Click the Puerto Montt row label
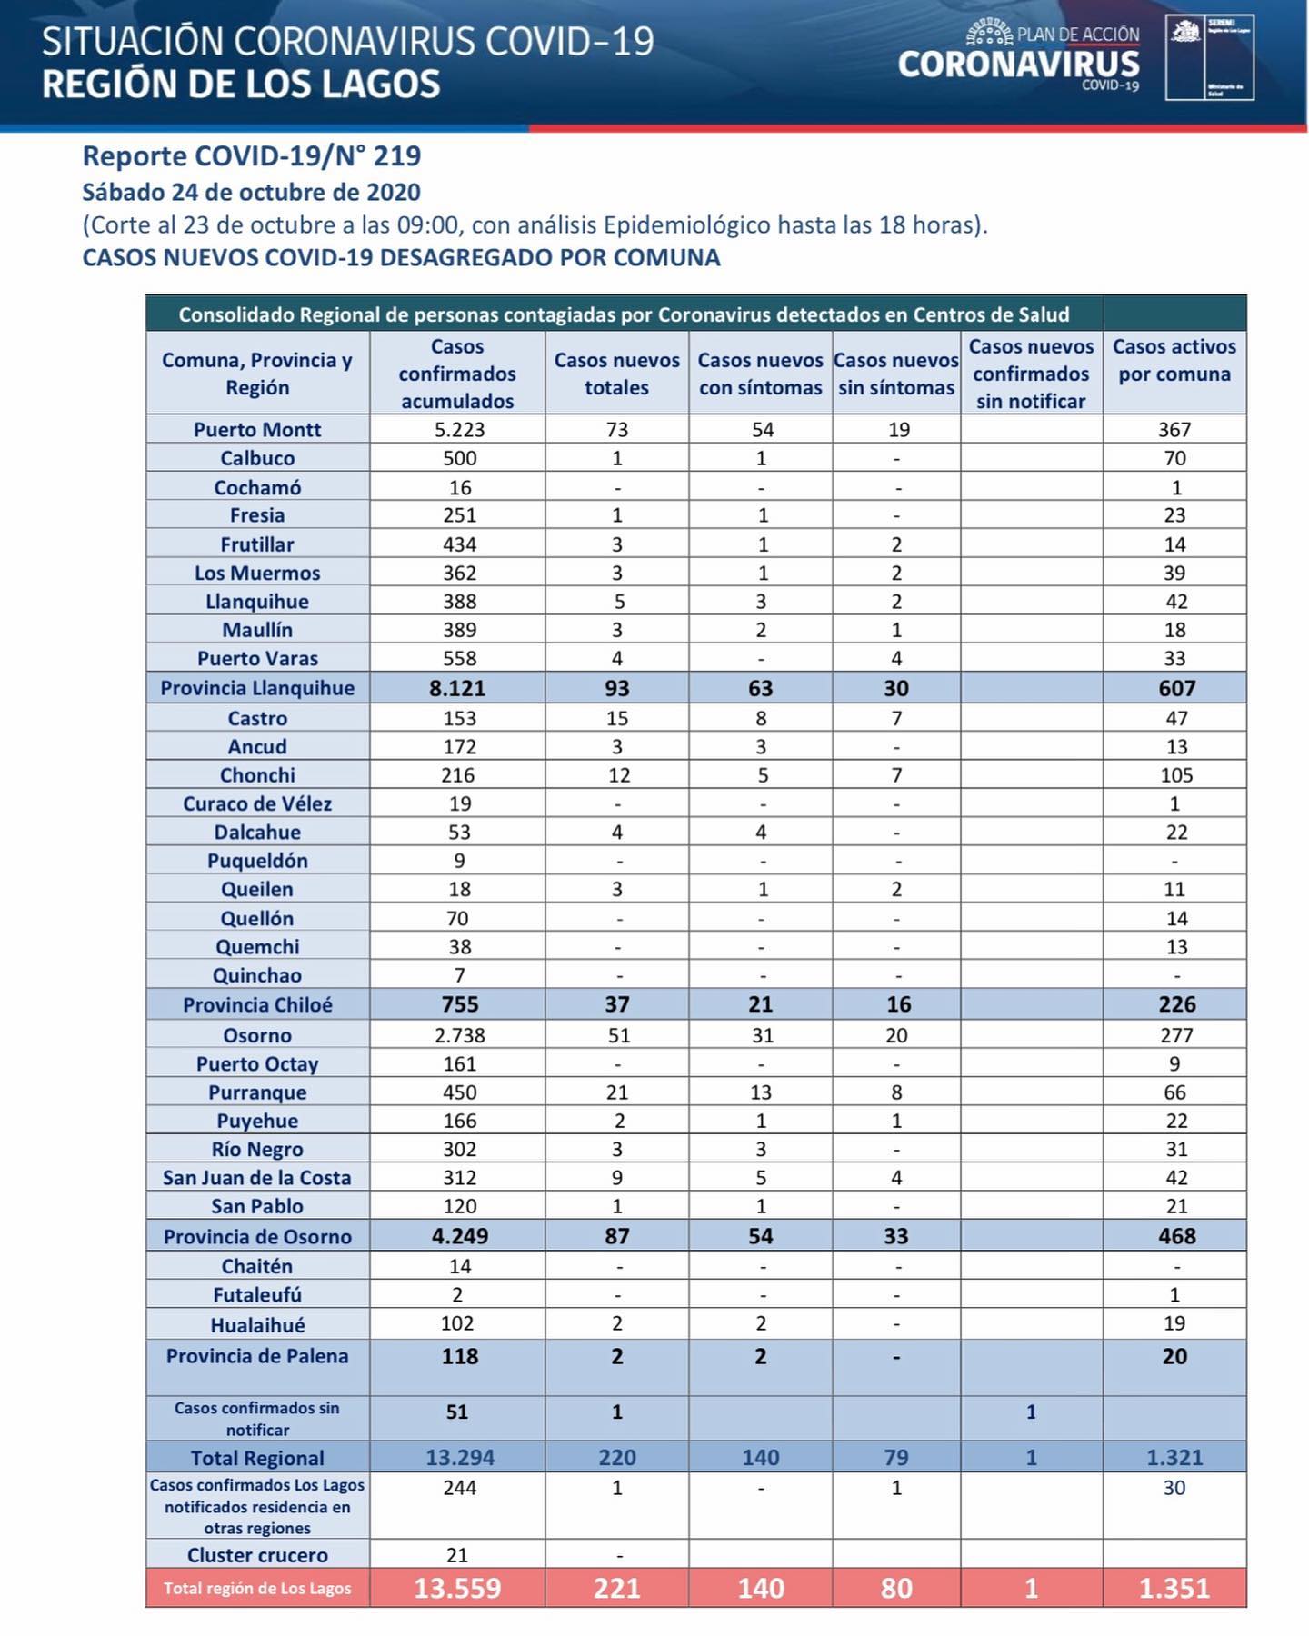257,429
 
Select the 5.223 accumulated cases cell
459,429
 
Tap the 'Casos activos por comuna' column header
1174,361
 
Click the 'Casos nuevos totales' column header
616,374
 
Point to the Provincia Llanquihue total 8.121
457,688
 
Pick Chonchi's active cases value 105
1176,775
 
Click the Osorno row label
257,1035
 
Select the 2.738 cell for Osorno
459,1035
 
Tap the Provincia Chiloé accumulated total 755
459,1004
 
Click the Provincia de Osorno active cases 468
1176,1236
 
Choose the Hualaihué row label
257,1324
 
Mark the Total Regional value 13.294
459,1458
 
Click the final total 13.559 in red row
457,1588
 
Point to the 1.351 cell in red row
1174,1588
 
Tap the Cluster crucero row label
257,1555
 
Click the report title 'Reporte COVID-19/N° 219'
252,156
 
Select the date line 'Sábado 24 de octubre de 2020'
252,193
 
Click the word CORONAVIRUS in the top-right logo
1018,65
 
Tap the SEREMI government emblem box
1209,56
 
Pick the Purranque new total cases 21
616,1092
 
